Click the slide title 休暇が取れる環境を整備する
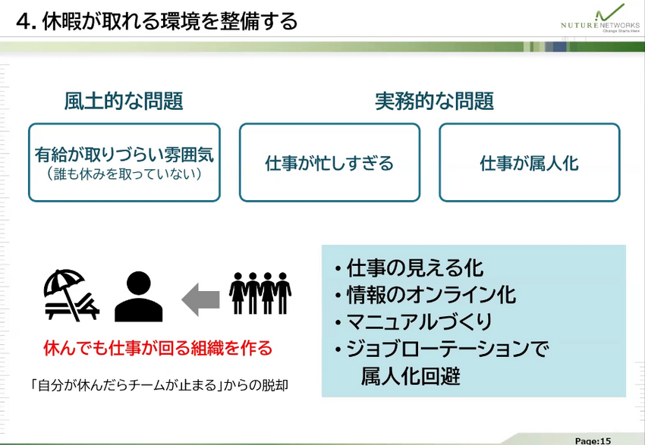pyautogui.click(x=156, y=20)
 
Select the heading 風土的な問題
pyautogui.click(x=124, y=102)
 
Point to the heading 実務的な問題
pyautogui.click(x=434, y=102)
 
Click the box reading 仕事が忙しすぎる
pyautogui.click(x=329, y=163)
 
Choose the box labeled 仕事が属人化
pyautogui.click(x=529, y=163)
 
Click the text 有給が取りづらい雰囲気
pyautogui.click(x=124, y=155)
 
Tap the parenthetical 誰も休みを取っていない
pyautogui.click(x=124, y=175)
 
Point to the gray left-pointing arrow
pyautogui.click(x=200, y=298)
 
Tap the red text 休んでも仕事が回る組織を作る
pyautogui.click(x=158, y=349)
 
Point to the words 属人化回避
pyautogui.click(x=411, y=376)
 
